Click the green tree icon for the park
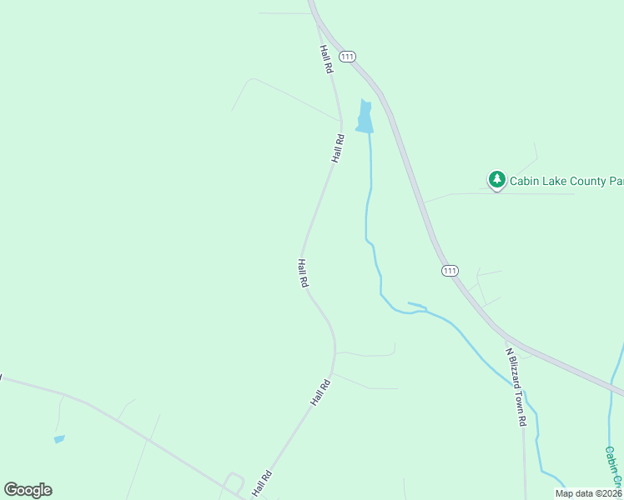(x=496, y=178)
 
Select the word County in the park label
(x=593, y=180)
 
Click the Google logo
(x=28, y=490)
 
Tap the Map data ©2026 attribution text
(x=589, y=493)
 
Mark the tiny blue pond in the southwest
(x=59, y=438)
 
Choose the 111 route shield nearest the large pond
(x=348, y=56)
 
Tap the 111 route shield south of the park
(x=450, y=271)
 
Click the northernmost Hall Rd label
(x=325, y=59)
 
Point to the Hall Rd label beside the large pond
(x=338, y=147)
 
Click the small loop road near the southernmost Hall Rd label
(x=234, y=482)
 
